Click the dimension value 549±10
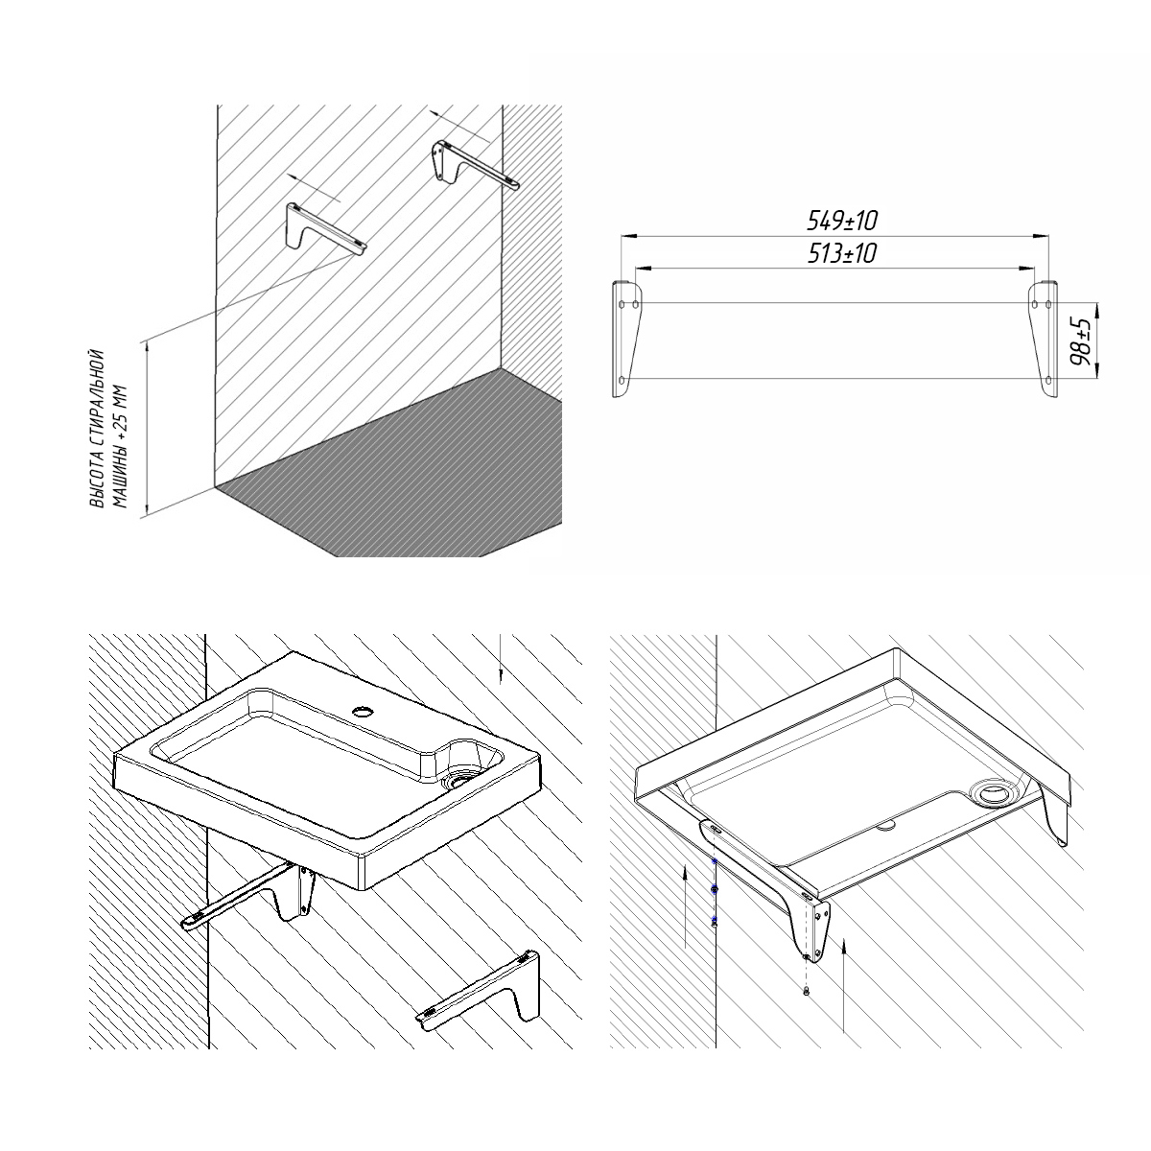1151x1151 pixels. [x=842, y=221]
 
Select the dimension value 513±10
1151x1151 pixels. [x=842, y=254]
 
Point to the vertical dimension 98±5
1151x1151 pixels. [x=1081, y=341]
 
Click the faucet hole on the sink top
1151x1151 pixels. [x=363, y=711]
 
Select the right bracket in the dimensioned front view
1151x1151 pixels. [x=1043, y=339]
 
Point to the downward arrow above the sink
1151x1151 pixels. [x=501, y=658]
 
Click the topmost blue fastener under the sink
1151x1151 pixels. [x=715, y=861]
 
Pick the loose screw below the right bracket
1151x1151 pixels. [x=807, y=990]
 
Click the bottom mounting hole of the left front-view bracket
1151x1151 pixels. [x=622, y=379]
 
